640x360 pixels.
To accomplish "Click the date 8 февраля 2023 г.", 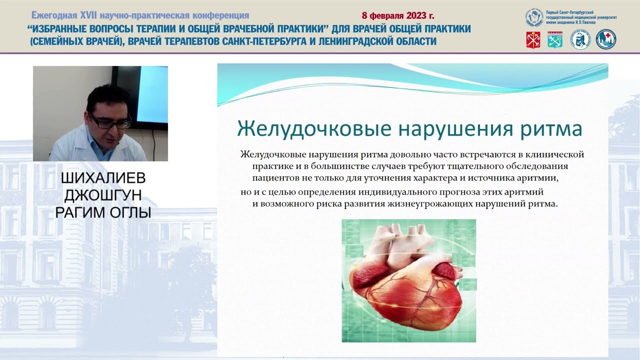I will point(397,15).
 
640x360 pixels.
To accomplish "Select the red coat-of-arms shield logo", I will point(533,39).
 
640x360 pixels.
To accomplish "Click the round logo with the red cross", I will point(606,39).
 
